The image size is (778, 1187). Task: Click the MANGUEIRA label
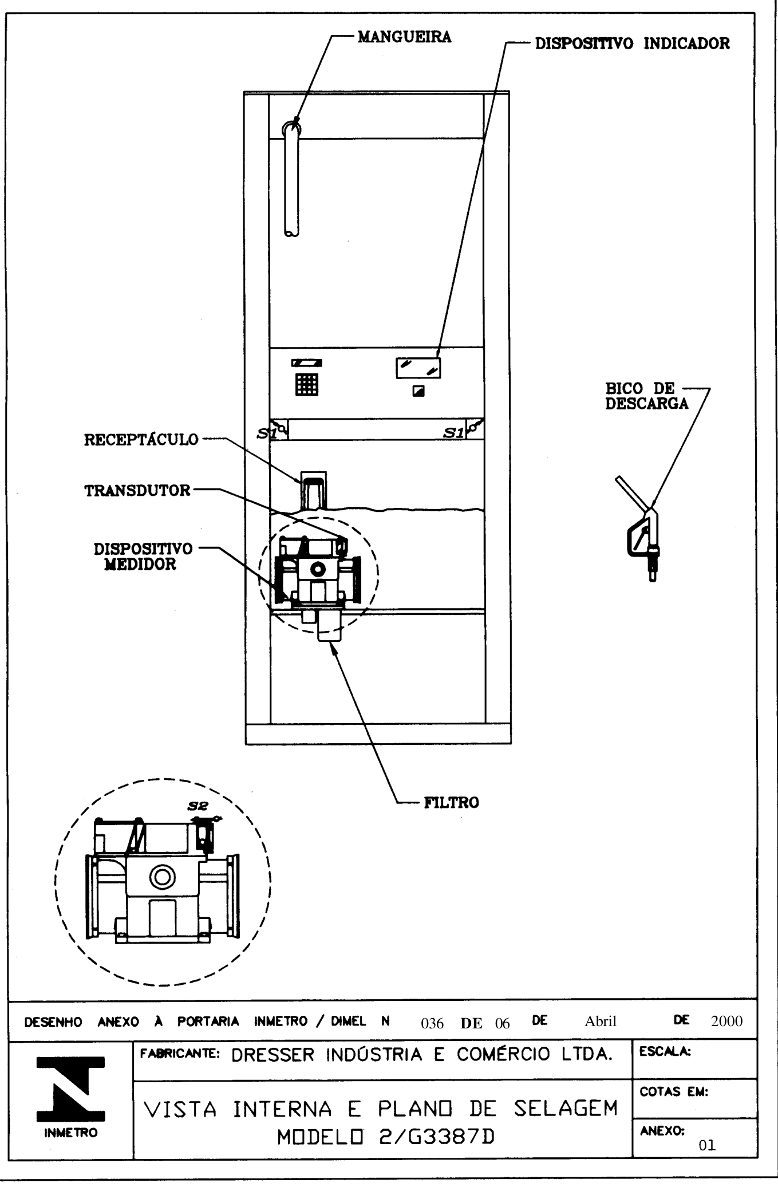[x=404, y=37]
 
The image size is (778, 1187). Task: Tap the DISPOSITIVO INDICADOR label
[x=632, y=44]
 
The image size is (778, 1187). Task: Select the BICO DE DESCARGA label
[x=647, y=396]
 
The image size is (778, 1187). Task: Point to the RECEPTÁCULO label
[x=141, y=439]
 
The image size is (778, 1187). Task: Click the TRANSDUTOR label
[x=137, y=491]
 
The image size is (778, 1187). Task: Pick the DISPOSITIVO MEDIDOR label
[x=143, y=557]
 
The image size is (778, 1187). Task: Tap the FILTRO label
[x=451, y=802]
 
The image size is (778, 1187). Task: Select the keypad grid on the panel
[x=307, y=384]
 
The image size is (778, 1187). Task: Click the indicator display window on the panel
[x=418, y=368]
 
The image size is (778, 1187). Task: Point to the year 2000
[x=726, y=1021]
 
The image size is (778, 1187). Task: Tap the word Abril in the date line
[x=601, y=1021]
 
